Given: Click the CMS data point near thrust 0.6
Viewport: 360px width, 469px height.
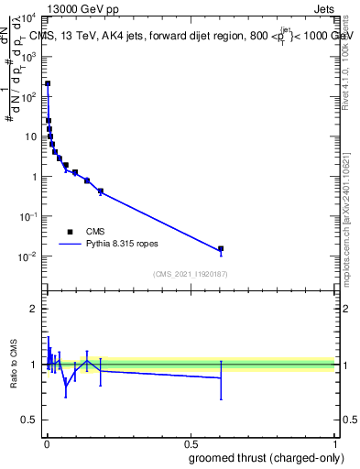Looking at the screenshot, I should (220, 249).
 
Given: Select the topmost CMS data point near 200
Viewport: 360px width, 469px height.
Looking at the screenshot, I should (48, 83).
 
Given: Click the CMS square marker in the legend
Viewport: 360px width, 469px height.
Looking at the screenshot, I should (70, 232).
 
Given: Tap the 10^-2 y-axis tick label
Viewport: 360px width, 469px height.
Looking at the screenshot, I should (29, 256).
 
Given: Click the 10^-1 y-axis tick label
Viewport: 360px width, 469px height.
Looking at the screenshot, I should (29, 216).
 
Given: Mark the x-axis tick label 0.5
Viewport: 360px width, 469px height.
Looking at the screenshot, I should (191, 444).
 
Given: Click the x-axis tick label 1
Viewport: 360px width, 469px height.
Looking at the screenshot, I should (335, 444).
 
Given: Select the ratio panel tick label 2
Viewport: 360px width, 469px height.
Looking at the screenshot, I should (34, 309).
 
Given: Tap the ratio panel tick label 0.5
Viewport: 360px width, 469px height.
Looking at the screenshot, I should (29, 421).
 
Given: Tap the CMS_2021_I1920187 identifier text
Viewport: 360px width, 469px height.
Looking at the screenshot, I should (191, 273).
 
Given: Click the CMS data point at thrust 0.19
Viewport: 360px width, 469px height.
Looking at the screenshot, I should (100, 191).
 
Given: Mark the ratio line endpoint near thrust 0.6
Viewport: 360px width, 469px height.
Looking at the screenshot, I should (220, 377).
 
